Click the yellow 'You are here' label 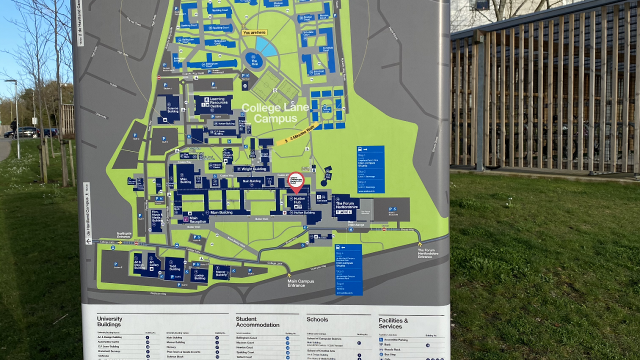[x=254, y=32]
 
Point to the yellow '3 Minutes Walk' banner [x=298, y=133]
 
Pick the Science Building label [x=172, y=108]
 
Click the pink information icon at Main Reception [x=185, y=219]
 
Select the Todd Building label [x=175, y=266]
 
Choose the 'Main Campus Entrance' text [x=300, y=283]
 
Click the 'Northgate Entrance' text [x=124, y=234]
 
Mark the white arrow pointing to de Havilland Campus [x=88, y=241]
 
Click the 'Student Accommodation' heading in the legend [x=257, y=322]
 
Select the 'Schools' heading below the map [x=317, y=319]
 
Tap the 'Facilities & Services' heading [x=393, y=323]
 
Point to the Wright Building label [x=253, y=169]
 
